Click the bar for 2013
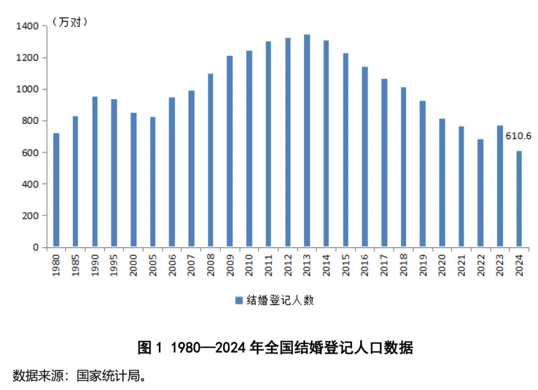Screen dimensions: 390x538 click(307, 141)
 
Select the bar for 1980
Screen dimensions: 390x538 click(56, 190)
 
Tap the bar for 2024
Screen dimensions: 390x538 click(519, 199)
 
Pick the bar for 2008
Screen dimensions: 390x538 click(210, 161)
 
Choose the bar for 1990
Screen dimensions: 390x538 click(95, 172)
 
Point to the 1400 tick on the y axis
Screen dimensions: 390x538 click(28, 26)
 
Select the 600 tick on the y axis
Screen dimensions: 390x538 click(33, 153)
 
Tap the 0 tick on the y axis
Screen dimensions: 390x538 click(36, 247)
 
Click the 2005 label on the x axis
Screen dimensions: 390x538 click(152, 265)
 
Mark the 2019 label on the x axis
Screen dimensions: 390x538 click(422, 265)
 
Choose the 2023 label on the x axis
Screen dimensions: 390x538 click(500, 265)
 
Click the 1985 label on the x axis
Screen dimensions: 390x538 click(75, 265)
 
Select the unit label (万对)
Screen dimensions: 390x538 click(69, 22)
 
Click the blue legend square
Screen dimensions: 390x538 click(239, 300)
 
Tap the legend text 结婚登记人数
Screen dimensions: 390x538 click(280, 300)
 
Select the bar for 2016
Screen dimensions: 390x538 click(365, 157)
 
